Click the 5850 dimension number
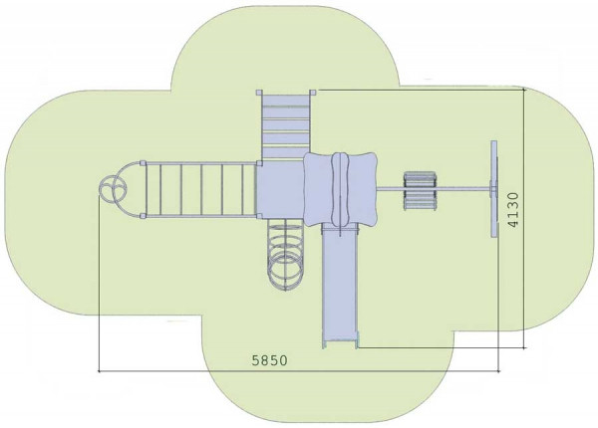click(270, 360)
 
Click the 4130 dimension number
click(513, 210)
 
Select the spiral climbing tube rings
click(285, 255)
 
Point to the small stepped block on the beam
click(420, 190)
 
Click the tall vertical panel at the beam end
click(494, 188)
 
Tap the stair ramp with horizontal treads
click(286, 125)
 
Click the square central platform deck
click(280, 189)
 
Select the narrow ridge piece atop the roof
click(340, 189)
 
